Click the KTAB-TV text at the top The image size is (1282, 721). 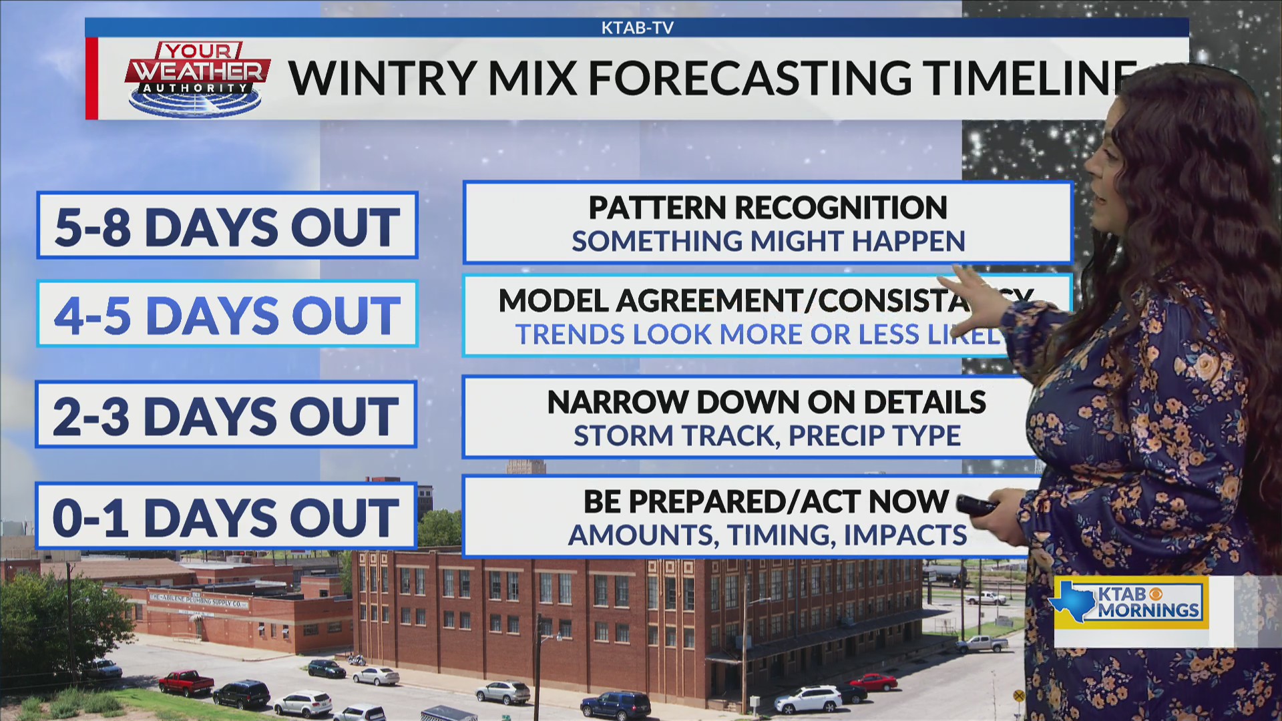tap(637, 28)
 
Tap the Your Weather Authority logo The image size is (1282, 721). tap(197, 78)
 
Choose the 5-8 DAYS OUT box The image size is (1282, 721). tap(227, 226)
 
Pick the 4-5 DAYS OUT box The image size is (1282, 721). tap(227, 314)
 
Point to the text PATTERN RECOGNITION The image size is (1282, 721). tap(768, 208)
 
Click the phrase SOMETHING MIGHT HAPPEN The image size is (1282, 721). tap(768, 241)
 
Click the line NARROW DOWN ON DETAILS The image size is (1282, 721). tap(766, 403)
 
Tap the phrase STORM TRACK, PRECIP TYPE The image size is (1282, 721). tap(767, 436)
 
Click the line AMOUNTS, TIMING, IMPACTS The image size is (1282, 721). tap(767, 535)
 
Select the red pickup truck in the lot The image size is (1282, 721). tap(186, 682)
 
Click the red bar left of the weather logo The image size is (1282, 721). tap(91, 78)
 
